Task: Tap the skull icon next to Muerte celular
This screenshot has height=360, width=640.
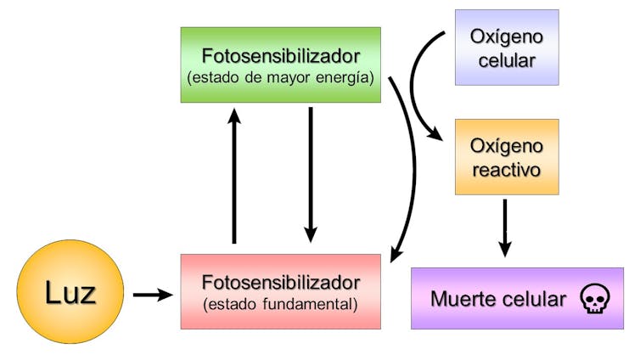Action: [593, 299]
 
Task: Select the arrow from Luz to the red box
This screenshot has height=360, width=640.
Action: [153, 295]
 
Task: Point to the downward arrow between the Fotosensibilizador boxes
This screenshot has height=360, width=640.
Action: [311, 174]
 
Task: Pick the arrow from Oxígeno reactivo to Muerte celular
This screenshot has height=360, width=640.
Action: [505, 228]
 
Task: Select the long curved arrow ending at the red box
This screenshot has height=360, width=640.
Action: [411, 170]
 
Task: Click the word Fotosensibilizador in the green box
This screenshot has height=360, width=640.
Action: [280, 56]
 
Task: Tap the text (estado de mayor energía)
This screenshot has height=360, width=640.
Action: [280, 77]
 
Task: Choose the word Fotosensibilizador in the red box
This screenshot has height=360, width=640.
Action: [280, 282]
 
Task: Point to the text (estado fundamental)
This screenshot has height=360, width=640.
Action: [280, 302]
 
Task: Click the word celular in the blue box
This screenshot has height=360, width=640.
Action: [507, 60]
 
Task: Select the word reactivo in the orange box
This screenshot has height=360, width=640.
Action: [507, 169]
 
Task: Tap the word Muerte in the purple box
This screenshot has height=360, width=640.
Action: [463, 299]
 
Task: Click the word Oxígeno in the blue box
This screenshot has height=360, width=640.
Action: [507, 37]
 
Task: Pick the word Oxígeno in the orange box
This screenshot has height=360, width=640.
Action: [507, 146]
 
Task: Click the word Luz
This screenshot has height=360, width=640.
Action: [70, 293]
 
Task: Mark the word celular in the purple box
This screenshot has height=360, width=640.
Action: [533, 299]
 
